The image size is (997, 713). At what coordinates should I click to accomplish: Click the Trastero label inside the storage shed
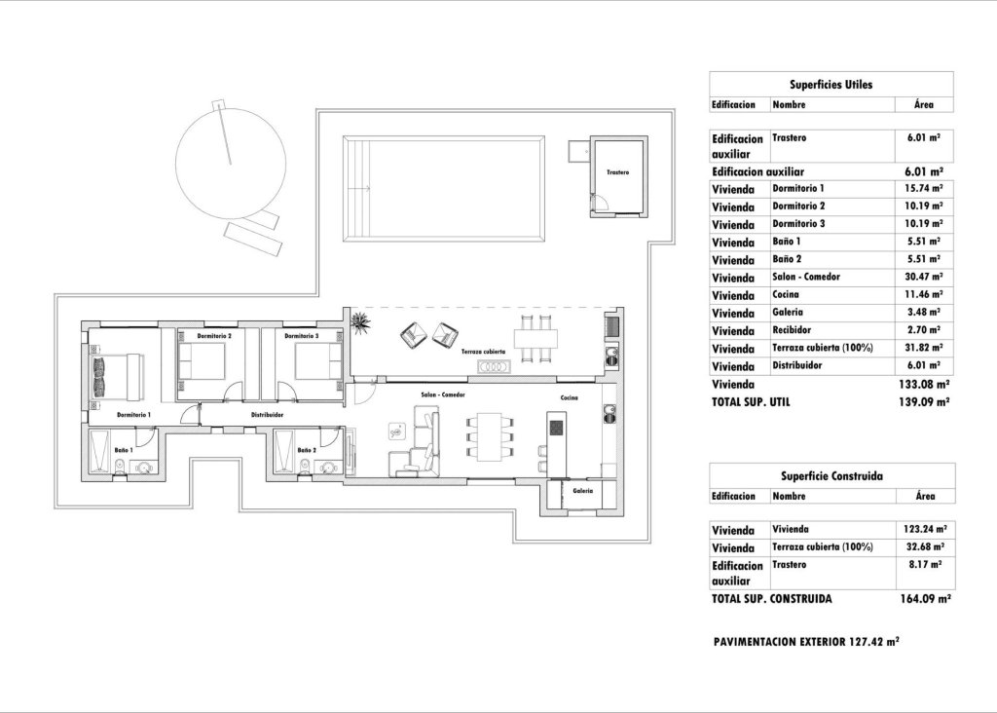pos(617,172)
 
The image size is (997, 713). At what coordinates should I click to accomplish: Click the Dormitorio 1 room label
pos(133,415)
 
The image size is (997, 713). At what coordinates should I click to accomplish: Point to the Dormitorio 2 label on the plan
pos(213,336)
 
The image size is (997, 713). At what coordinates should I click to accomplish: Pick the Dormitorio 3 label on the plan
pos(301,336)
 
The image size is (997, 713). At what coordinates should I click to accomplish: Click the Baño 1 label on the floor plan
pos(123,450)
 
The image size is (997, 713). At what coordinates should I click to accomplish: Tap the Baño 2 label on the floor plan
pos(307,450)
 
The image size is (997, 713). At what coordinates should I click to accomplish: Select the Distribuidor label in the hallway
pos(267,415)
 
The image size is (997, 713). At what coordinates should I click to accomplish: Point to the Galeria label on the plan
pos(583,491)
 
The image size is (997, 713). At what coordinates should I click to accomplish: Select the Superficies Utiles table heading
pos(831,85)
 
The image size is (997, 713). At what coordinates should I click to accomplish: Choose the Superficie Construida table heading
pos(831,475)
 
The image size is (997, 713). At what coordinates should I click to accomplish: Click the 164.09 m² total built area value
pos(925,600)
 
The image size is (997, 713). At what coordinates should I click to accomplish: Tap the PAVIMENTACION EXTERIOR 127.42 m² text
pos(805,643)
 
